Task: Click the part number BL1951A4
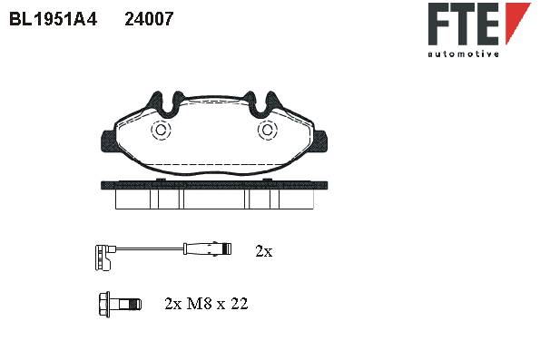click(53, 19)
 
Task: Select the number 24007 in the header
click(149, 19)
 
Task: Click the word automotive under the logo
click(463, 54)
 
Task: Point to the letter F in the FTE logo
click(439, 24)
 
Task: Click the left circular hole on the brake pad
click(161, 130)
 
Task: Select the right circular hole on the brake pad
click(267, 130)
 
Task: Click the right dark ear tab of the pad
click(320, 141)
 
